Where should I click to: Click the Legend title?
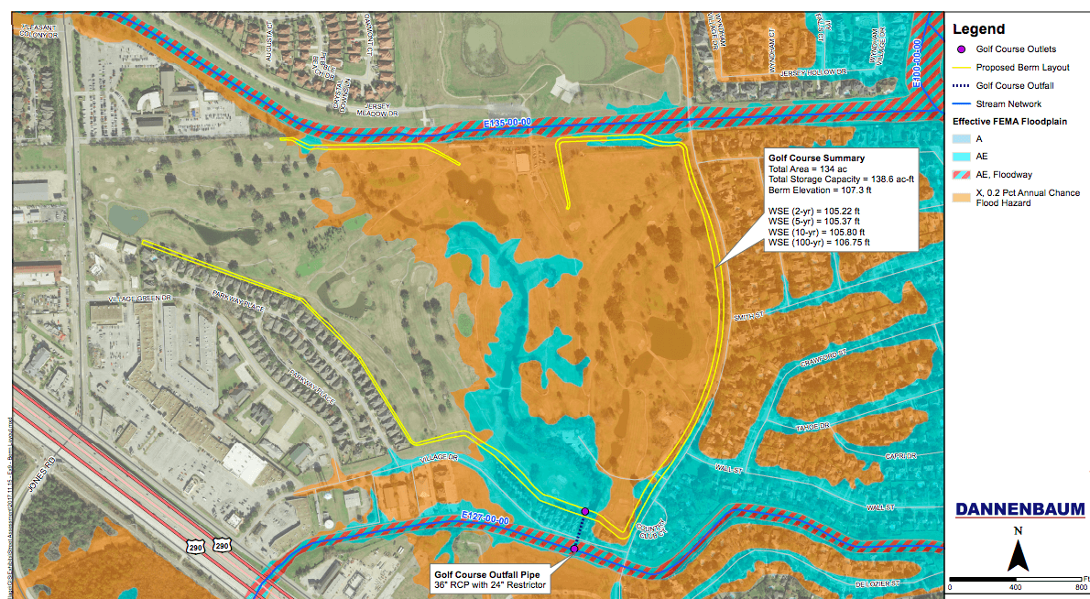(979, 29)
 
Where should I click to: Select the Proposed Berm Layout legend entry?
(1021, 67)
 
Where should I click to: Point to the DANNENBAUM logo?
(1019, 509)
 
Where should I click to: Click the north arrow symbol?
(1018, 553)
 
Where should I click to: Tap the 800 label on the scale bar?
(1081, 586)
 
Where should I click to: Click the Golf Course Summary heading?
(811, 158)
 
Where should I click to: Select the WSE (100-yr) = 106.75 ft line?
(819, 243)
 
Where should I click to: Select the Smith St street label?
(748, 316)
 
